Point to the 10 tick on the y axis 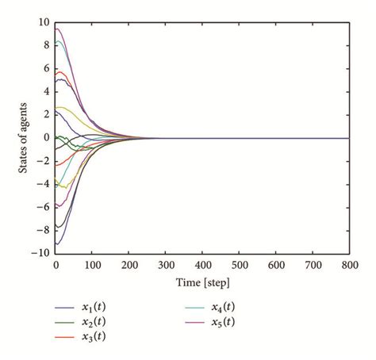tap(44, 22)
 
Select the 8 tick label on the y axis tap(46, 45)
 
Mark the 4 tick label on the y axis tap(46, 91)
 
